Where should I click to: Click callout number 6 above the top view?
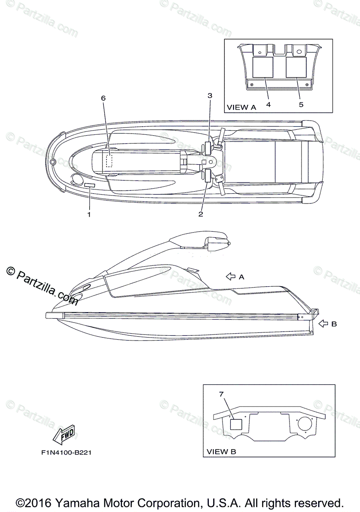[103, 98]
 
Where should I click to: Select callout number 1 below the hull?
[89, 215]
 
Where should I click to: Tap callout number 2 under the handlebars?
[201, 214]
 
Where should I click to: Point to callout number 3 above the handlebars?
[210, 96]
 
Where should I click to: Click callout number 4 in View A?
[268, 104]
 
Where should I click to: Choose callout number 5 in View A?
[301, 104]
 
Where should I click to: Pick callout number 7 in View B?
[221, 394]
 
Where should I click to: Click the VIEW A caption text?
[241, 107]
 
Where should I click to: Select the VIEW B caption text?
[221, 451]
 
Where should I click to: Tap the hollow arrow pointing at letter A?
[231, 276]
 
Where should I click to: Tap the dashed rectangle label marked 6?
[109, 160]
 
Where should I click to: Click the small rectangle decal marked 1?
[90, 185]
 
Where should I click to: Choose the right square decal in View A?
[296, 67]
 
